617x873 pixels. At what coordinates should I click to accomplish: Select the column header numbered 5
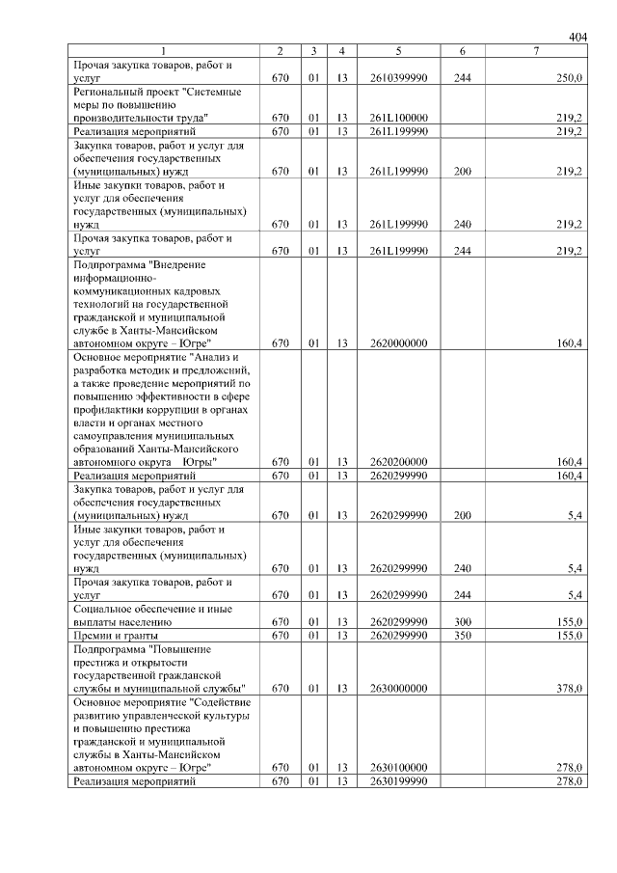click(x=398, y=51)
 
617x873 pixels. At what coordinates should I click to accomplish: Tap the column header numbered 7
click(x=535, y=51)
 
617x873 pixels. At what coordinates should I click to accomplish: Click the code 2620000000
click(x=398, y=341)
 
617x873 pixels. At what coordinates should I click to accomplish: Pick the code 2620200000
click(x=398, y=461)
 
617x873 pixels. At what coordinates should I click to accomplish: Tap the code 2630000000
click(x=398, y=688)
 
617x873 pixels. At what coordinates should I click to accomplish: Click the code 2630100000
click(x=398, y=767)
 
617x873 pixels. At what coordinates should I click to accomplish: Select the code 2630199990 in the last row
click(x=398, y=780)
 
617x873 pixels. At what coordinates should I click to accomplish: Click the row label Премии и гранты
click(x=117, y=636)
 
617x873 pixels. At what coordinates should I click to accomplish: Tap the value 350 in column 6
click(x=462, y=636)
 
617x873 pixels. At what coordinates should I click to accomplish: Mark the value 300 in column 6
click(x=462, y=622)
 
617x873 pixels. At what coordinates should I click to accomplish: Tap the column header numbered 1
click(x=163, y=51)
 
